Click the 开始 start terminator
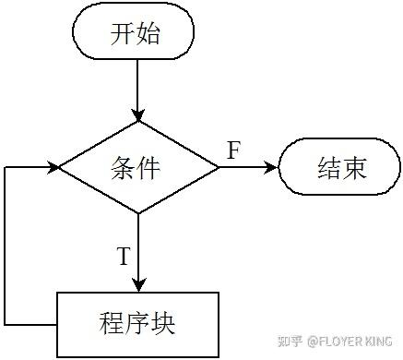[135, 36]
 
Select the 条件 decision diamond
[136, 168]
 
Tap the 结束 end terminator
[341, 168]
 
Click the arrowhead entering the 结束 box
[272, 168]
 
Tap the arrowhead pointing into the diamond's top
[136, 114]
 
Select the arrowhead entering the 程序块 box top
[136, 285]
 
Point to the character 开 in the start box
[122, 36]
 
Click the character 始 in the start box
[148, 36]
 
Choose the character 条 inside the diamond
[123, 168]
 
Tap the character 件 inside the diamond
[149, 168]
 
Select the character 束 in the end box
[355, 168]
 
